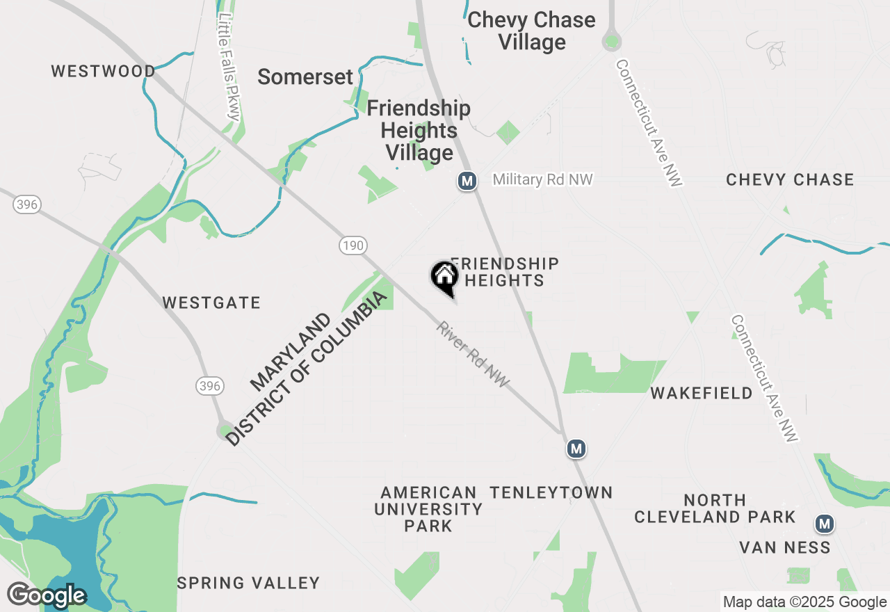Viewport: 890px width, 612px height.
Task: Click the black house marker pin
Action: pos(444,277)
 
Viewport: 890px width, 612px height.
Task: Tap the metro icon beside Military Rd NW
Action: pos(467,182)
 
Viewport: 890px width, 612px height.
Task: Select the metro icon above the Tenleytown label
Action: pos(576,449)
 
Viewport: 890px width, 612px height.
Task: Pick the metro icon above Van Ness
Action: pos(825,523)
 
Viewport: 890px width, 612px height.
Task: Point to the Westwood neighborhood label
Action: pos(104,71)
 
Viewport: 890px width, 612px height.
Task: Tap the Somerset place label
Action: pos(305,76)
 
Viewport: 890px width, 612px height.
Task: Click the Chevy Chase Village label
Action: pos(531,31)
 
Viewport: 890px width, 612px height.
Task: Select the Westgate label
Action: pos(211,303)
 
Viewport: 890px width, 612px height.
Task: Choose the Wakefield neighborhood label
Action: pos(702,393)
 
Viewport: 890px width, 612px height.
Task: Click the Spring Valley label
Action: pos(248,583)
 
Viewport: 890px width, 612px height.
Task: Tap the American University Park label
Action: pos(428,509)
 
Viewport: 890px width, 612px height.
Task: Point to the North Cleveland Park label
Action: pos(715,508)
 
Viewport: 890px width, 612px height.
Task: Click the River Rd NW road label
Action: pos(474,355)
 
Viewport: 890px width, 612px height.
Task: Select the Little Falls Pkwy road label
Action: pos(229,67)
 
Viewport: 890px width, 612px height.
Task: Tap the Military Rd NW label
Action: pos(542,179)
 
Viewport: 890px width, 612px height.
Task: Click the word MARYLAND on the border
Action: pos(291,351)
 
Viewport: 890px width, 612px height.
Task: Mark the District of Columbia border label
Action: pos(307,369)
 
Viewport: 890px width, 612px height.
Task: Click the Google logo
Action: pos(47,595)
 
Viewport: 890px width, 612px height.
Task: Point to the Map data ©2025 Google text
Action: pos(804,602)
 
